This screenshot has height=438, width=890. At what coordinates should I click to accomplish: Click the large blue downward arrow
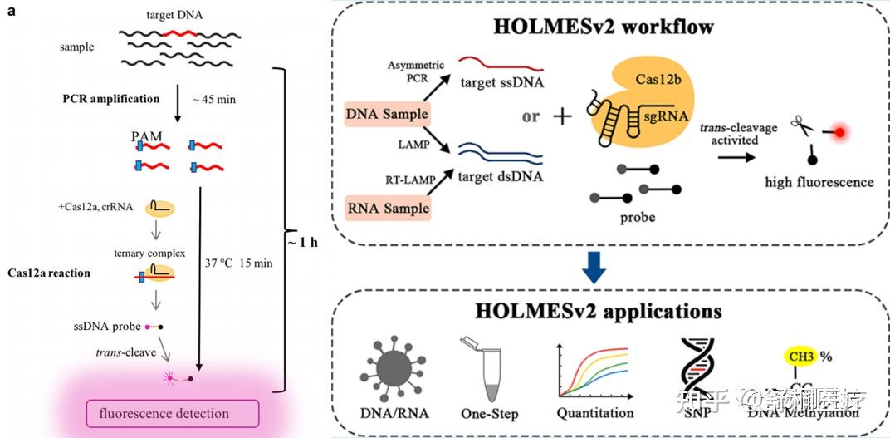pos(611,267)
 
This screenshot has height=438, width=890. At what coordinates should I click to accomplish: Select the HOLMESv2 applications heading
pos(611,313)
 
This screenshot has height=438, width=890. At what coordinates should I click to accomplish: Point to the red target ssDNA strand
pos(501,62)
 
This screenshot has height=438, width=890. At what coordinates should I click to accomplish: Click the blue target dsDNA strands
pos(501,154)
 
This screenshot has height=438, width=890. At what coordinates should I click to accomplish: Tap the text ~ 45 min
pos(213,100)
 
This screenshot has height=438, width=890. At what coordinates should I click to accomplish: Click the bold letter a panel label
pos(11,11)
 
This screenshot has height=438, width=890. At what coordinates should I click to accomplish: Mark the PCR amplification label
pos(110,99)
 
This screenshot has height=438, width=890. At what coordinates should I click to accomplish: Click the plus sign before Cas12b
pos(562,116)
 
